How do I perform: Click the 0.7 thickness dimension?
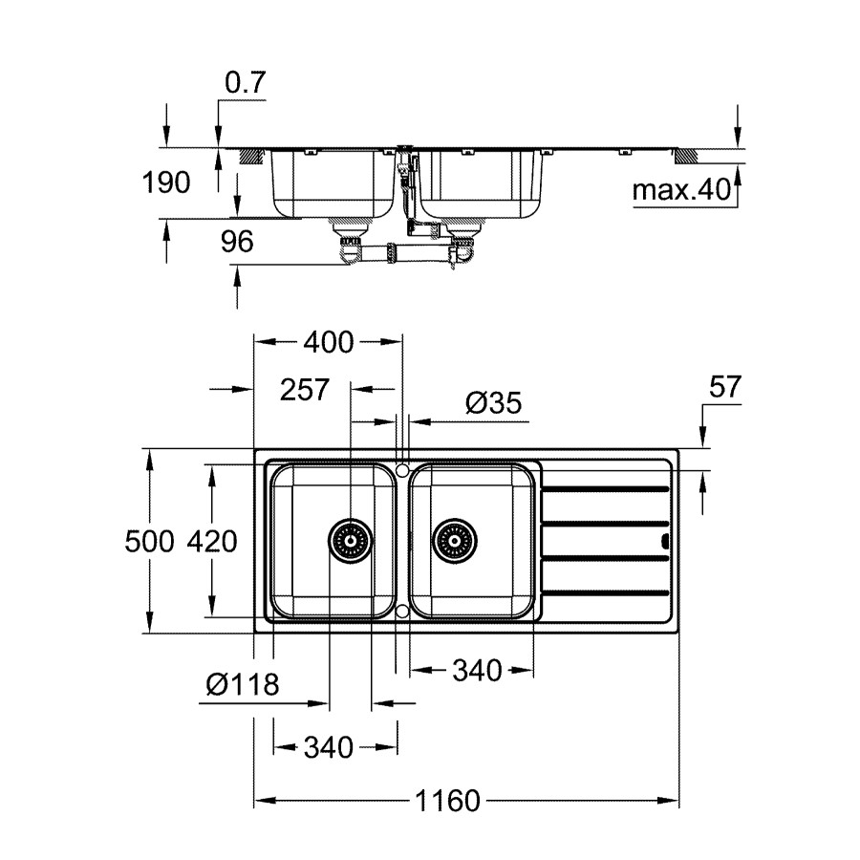point(244,83)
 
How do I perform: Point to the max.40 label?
point(680,191)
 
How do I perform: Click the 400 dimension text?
point(328,341)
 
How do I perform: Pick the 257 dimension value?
point(305,389)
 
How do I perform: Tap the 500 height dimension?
point(150,542)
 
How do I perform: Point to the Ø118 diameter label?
point(242,684)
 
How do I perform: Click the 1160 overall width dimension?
point(447,801)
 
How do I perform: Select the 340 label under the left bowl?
point(328,746)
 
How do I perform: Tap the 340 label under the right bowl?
point(475,672)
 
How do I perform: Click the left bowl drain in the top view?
point(350,542)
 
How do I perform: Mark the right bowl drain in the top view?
point(452,542)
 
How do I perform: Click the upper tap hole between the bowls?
point(403,471)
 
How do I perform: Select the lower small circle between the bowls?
point(403,610)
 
